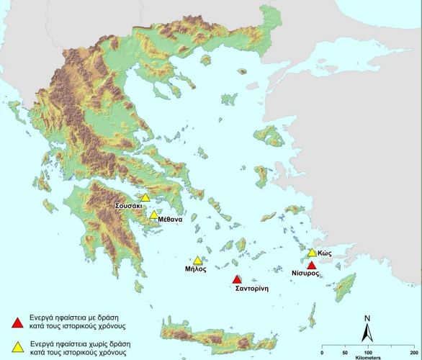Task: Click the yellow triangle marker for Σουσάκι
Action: pyautogui.click(x=145, y=198)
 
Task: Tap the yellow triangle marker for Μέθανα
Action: pyautogui.click(x=153, y=215)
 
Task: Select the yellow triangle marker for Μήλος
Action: pyautogui.click(x=198, y=261)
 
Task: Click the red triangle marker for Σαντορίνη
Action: pyautogui.click(x=236, y=279)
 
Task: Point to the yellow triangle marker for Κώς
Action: pyautogui.click(x=312, y=253)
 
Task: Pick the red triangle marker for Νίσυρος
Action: pyautogui.click(x=311, y=266)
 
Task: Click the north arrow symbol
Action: pyautogui.click(x=367, y=332)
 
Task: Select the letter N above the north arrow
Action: pyautogui.click(x=367, y=318)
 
